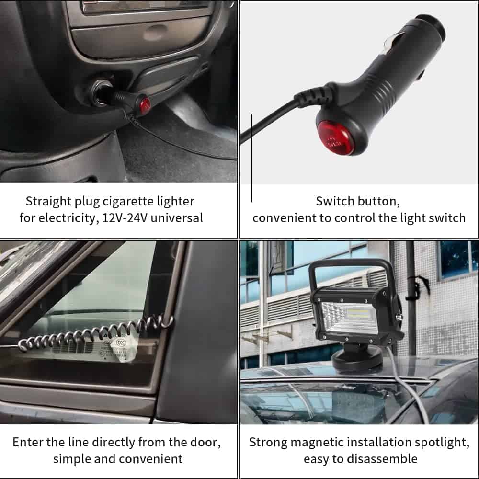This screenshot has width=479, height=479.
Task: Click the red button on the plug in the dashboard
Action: point(145,104)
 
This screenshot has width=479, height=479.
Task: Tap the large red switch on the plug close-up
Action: point(335,137)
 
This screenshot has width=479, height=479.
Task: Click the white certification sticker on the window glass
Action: point(123,350)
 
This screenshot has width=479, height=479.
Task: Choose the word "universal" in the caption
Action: point(177,218)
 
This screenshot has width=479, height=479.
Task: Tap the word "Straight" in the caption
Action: point(48,202)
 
